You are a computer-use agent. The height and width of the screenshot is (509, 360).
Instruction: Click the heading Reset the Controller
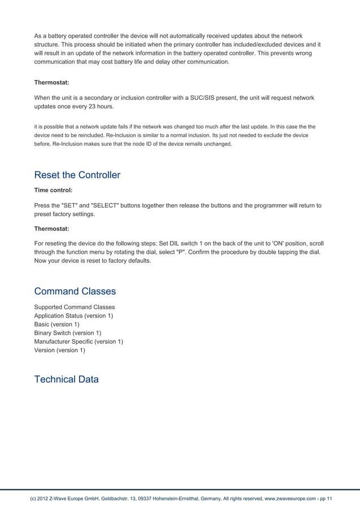[x=77, y=175]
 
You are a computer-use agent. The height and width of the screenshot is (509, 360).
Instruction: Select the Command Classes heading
[x=75, y=291]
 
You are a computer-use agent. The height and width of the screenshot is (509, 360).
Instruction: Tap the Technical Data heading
[x=67, y=379]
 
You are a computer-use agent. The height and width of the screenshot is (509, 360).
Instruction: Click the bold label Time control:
[x=53, y=191]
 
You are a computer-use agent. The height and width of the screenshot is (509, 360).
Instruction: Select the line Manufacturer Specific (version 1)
[x=78, y=341]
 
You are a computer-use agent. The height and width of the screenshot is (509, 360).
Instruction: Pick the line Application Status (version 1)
[x=73, y=315]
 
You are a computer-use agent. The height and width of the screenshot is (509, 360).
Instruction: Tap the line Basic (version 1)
[x=57, y=324]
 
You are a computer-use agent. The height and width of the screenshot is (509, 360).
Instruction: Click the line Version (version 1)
[x=60, y=350]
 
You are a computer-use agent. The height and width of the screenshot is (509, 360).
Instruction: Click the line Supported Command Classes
[x=74, y=307]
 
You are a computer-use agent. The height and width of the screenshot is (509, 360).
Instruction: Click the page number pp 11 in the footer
[x=325, y=499]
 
